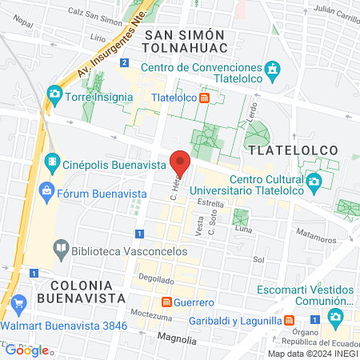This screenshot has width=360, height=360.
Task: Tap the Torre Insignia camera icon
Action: (54, 94)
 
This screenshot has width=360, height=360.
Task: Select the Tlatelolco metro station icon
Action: (205, 98)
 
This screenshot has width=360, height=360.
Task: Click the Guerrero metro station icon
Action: (166, 302)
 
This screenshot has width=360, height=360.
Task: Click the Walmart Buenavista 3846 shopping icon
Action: (19, 302)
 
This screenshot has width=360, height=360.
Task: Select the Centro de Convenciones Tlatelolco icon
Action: (271, 68)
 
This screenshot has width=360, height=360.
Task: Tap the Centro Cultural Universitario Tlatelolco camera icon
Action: (314, 182)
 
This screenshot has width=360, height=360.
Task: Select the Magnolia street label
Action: (177, 339)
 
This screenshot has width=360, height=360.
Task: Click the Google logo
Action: (26, 350)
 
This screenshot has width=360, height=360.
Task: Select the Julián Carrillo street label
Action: (330, 11)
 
